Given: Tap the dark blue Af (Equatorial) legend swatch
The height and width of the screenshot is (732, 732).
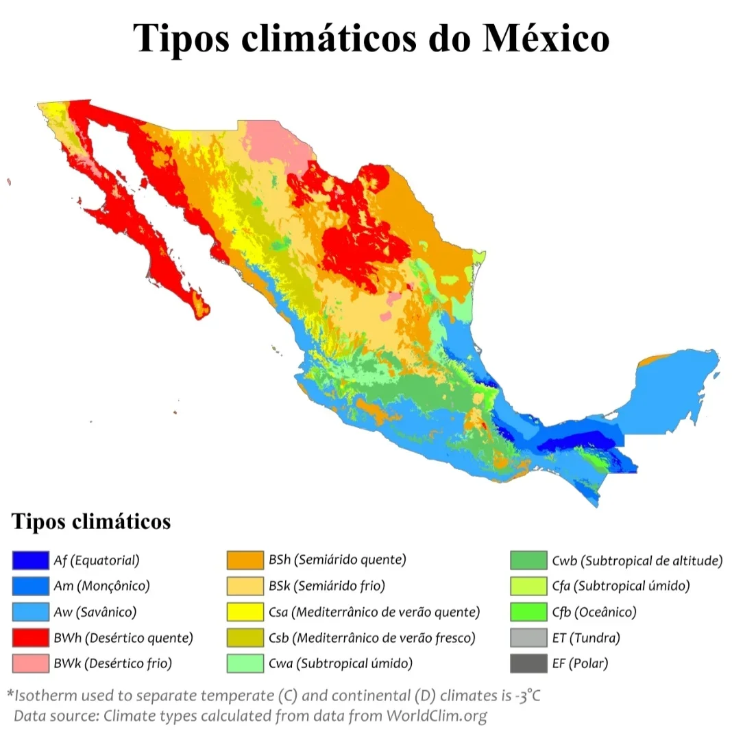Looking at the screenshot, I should point(30,560).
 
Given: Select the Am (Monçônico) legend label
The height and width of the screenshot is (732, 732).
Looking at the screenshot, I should point(101,586).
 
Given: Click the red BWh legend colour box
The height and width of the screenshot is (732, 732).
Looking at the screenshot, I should point(30,637).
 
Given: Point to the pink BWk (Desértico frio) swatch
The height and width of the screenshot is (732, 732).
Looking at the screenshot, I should point(30,663).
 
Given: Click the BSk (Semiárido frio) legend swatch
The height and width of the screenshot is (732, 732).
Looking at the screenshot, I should point(245,586).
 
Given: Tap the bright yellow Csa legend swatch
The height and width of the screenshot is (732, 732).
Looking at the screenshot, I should point(245,611).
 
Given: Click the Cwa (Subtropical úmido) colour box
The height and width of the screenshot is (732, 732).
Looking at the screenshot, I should point(245,663).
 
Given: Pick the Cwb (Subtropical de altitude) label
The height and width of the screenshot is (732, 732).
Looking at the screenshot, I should point(637,560).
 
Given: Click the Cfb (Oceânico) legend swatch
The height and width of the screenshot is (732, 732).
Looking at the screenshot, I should point(528,611).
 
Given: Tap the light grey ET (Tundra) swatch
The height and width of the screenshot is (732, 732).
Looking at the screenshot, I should point(528,637).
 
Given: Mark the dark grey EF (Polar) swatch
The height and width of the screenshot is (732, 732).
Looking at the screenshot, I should point(528,663).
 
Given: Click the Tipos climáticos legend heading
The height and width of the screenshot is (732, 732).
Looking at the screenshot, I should point(91,521).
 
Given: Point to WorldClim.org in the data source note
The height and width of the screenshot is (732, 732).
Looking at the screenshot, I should point(437,716).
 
